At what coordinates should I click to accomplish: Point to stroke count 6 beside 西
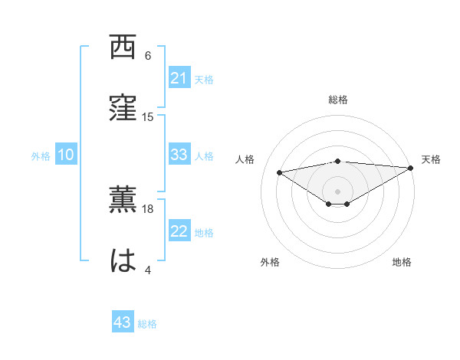tap(148, 56)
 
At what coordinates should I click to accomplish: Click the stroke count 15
tap(148, 116)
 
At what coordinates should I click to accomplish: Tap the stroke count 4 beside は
tap(148, 270)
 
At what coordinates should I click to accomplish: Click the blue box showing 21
tap(179, 78)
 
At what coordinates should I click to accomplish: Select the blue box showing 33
tap(179, 155)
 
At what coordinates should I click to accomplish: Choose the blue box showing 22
tap(179, 232)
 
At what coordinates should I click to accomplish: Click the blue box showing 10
tap(66, 155)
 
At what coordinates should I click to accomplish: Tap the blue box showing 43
tap(123, 322)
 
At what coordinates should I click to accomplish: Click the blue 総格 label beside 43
tap(147, 324)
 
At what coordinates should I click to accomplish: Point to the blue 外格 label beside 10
tap(41, 156)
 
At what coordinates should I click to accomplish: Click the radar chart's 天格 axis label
tap(431, 159)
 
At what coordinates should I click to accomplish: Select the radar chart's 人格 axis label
tap(245, 159)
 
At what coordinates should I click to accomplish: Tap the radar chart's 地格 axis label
tap(402, 262)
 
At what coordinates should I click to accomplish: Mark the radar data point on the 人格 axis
tap(280, 172)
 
